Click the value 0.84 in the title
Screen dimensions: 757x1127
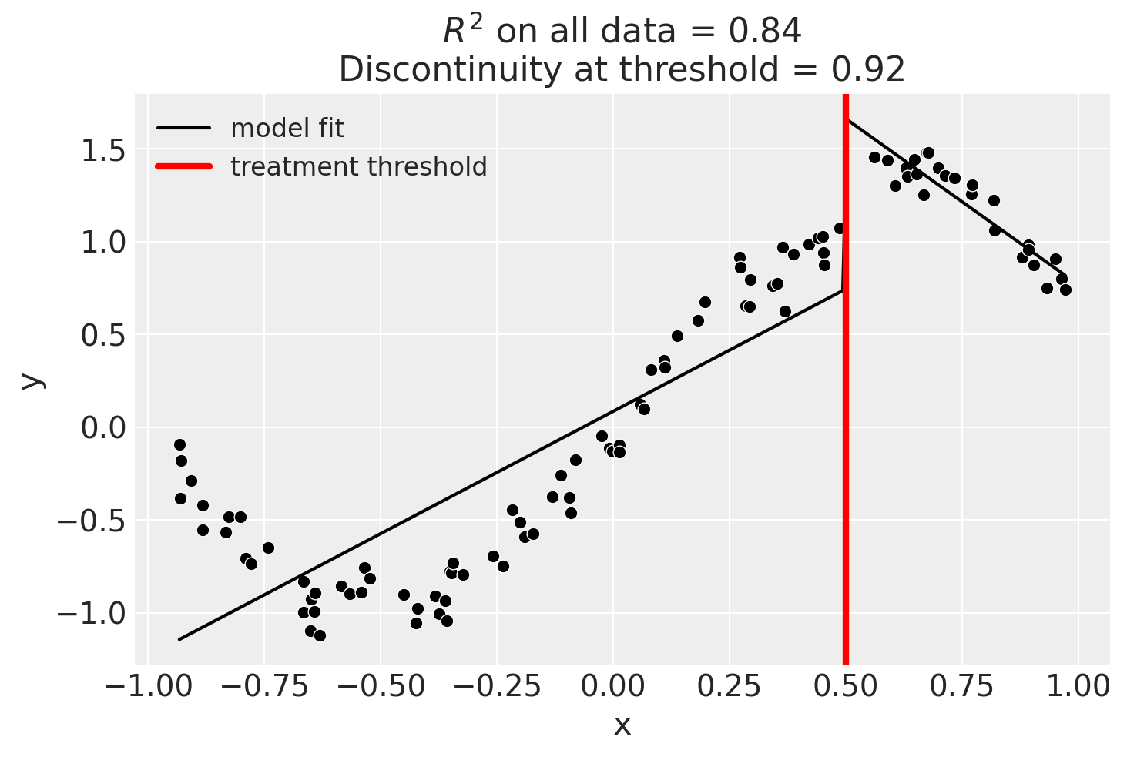click(x=770, y=32)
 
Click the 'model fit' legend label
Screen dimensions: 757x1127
click(x=287, y=128)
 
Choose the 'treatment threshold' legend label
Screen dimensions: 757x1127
click(x=358, y=166)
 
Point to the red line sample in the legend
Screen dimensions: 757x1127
click(x=184, y=166)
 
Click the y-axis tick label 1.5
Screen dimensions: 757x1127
click(x=105, y=150)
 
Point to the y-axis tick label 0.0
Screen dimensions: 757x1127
click(x=105, y=427)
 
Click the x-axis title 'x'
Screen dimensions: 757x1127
click(x=622, y=725)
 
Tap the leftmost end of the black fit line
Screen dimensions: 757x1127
click(x=179, y=639)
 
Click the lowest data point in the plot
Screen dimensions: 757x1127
click(x=320, y=635)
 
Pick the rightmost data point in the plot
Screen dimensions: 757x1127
click(x=1065, y=290)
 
